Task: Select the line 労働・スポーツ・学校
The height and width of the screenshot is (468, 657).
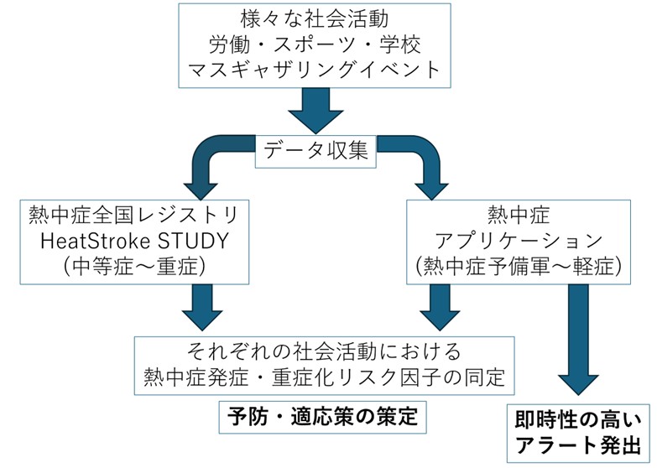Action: [x=315, y=43]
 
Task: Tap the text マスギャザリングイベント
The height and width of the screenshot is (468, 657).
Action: [x=315, y=68]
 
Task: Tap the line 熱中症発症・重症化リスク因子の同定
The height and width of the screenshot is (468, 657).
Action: [x=324, y=378]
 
